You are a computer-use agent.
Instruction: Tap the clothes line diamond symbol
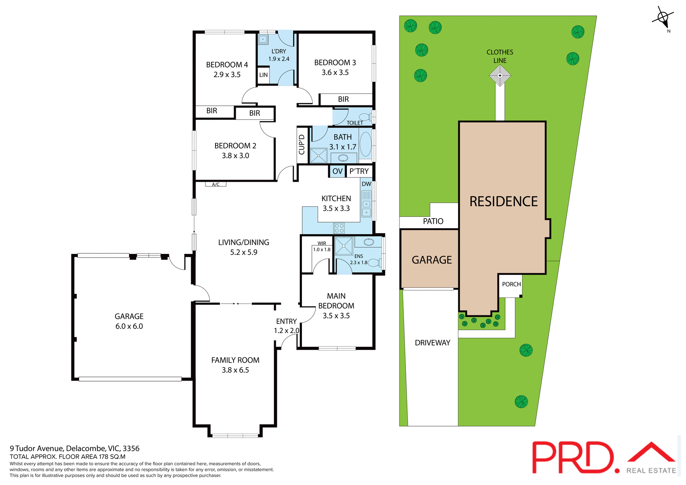[500, 76]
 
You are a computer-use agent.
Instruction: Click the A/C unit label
[215, 185]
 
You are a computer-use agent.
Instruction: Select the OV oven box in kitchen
[337, 171]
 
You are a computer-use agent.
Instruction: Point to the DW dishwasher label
[366, 184]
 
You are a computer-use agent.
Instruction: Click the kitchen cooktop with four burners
[339, 228]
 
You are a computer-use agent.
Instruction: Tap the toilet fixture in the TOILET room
[365, 117]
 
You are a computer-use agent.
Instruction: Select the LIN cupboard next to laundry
[263, 75]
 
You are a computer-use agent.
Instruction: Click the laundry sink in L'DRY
[263, 39]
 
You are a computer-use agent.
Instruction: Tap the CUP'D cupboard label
[302, 145]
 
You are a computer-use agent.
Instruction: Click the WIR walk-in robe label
[322, 244]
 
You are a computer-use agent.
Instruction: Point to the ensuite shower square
[344, 246]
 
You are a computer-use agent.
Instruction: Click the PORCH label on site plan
[511, 284]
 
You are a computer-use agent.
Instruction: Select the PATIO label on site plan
[433, 221]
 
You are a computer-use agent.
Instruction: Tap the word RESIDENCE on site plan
[503, 201]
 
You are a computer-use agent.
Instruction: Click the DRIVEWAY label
[432, 343]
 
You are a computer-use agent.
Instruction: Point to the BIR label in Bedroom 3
[343, 100]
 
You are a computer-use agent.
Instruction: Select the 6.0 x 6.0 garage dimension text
[129, 326]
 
